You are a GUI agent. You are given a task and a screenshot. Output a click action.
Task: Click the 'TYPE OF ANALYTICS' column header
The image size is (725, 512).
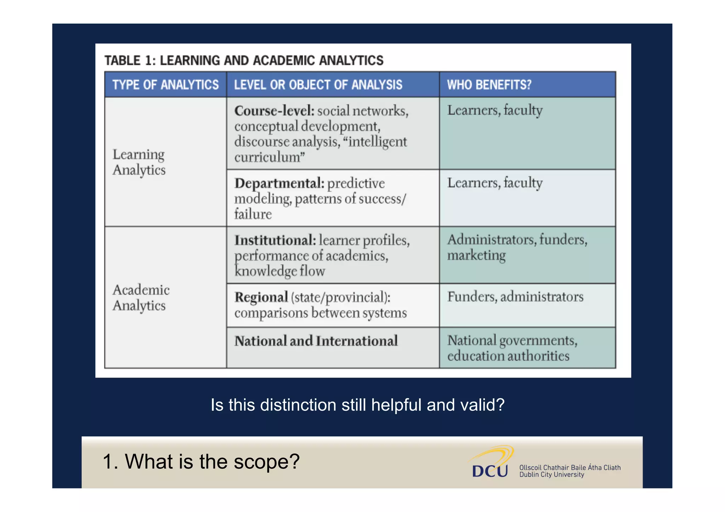tap(165, 85)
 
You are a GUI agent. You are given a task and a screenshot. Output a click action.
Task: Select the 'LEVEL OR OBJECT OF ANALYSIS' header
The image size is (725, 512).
tap(318, 85)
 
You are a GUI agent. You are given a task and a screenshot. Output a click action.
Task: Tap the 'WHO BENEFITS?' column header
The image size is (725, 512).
tap(489, 85)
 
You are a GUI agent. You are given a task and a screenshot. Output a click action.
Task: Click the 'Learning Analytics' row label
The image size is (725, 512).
tap(139, 162)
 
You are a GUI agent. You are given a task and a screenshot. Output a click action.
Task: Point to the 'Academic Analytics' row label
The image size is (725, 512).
tap(141, 298)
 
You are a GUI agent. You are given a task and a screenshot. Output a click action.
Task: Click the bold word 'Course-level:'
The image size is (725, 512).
tap(274, 111)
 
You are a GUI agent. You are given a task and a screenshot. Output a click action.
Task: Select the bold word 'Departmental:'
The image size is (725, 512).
tap(279, 184)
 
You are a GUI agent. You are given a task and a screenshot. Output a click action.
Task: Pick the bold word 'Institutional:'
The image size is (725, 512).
tap(275, 241)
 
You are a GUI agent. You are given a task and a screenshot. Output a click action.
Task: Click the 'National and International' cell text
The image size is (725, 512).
tap(316, 341)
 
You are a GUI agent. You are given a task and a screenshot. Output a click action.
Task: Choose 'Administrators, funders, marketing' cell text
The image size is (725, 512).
tap(517, 247)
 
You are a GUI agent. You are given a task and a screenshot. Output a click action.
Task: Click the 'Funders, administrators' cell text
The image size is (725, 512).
tap(515, 297)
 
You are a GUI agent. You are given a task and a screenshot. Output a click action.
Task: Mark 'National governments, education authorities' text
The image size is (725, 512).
tap(512, 348)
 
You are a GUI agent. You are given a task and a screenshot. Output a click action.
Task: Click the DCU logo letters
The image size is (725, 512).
tap(490, 471)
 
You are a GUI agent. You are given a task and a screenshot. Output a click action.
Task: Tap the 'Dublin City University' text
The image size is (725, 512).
tap(552, 475)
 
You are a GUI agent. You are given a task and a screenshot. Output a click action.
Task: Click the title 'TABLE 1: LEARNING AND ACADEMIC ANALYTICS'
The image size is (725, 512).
tap(244, 61)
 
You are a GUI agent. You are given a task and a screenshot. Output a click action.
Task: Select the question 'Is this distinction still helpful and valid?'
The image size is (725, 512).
tap(358, 405)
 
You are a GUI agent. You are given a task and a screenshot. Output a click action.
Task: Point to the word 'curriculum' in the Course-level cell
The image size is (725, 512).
tap(267, 157)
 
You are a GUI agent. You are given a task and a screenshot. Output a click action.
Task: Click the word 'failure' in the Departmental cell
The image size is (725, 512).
tap(253, 214)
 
